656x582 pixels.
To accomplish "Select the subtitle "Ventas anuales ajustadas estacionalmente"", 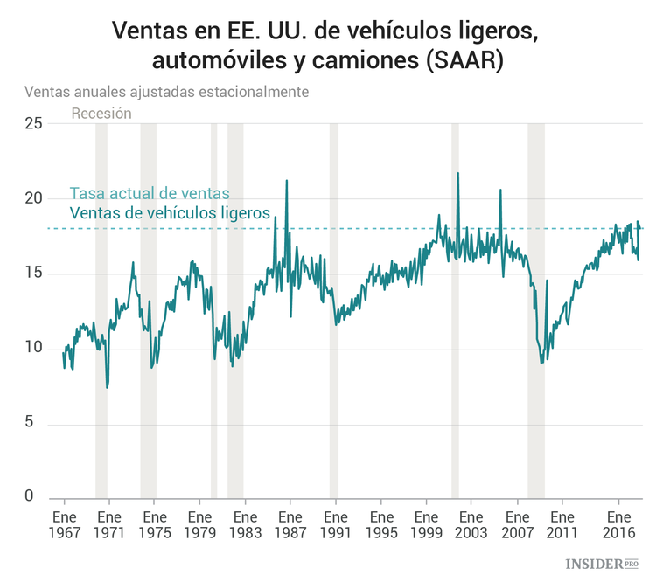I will coord(166,91).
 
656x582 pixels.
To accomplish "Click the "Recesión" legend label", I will coord(101,113).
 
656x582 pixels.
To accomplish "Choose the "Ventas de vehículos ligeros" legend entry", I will coord(169,212).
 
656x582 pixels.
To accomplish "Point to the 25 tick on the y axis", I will coord(33,124).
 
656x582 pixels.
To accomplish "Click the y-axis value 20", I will coord(33,199).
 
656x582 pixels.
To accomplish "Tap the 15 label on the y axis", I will coord(33,274).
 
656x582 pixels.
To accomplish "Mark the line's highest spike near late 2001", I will coord(457,174).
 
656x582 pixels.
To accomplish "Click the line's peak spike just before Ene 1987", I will coord(287,181).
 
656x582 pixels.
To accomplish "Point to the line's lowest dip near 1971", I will coord(107,387).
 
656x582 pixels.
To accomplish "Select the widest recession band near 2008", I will coord(536,310).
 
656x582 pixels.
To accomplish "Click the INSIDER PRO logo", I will coord(603,564).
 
